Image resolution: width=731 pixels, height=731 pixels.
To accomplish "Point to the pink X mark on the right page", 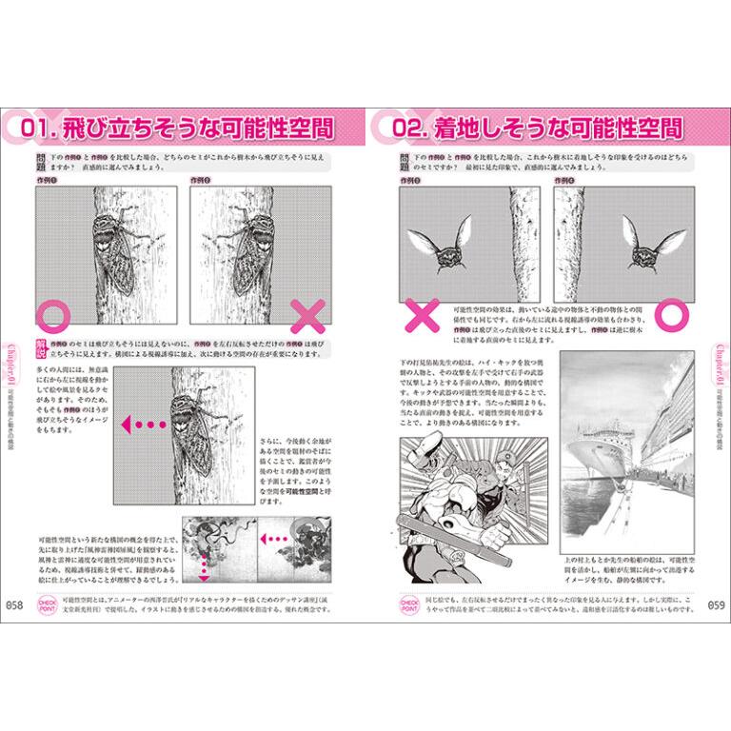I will coord(417,313).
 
